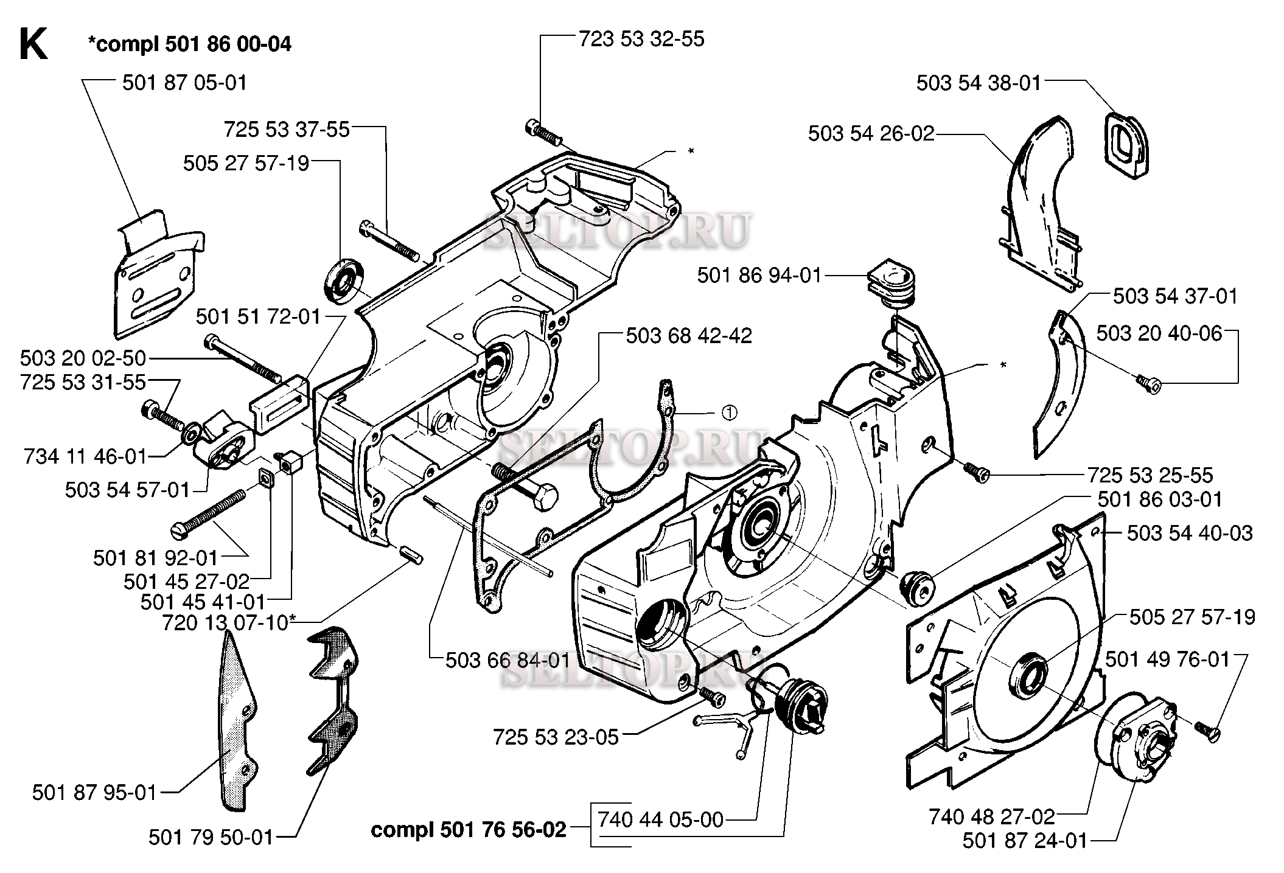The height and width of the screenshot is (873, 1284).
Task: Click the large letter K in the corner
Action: pyautogui.click(x=33, y=44)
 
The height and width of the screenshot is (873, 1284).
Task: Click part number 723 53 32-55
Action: pyautogui.click(x=641, y=39)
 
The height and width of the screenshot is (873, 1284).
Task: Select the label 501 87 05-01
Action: pyautogui.click(x=185, y=82)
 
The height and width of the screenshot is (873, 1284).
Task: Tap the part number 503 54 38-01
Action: pyautogui.click(x=979, y=83)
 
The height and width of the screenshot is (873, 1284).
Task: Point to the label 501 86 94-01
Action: pyautogui.click(x=759, y=276)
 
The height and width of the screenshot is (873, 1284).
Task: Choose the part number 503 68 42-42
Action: pyautogui.click(x=689, y=335)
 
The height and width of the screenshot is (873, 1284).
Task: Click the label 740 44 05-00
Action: pyautogui.click(x=661, y=819)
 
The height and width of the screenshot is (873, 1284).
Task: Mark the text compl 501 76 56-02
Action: pyautogui.click(x=469, y=829)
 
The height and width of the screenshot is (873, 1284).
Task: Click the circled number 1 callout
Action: pyautogui.click(x=729, y=412)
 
